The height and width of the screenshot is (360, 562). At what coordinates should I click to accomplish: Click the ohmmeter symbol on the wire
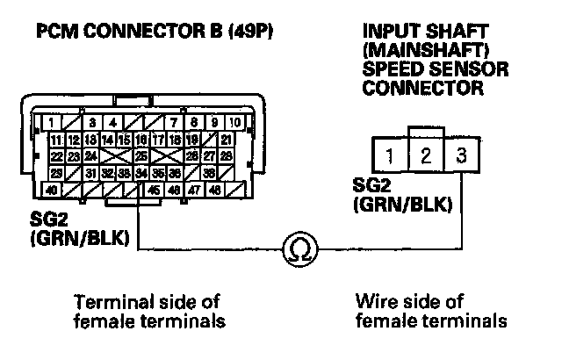[x=293, y=252]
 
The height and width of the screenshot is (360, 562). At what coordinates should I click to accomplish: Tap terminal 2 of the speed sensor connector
[x=424, y=158]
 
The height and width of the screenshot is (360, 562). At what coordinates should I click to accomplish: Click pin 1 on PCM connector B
[x=54, y=123]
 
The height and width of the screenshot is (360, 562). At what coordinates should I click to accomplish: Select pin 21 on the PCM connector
[x=227, y=140]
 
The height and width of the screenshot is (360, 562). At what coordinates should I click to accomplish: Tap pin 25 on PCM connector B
[x=141, y=156]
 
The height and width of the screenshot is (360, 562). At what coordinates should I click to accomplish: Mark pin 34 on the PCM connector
[x=141, y=173]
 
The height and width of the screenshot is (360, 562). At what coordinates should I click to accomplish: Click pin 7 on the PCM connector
[x=176, y=123]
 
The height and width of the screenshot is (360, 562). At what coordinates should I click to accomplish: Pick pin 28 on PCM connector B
[x=227, y=156]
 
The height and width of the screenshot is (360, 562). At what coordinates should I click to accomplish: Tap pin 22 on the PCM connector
[x=55, y=156]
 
